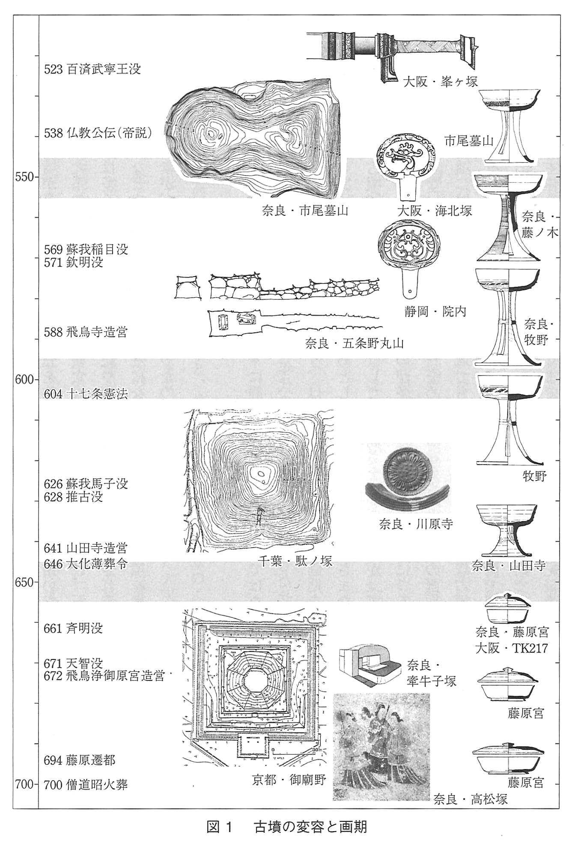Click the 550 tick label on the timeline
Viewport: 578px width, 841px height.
coord(25,177)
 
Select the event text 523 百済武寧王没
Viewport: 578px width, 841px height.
coord(92,69)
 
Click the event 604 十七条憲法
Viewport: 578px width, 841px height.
coord(86,394)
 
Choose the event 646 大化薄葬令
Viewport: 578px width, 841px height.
coord(86,564)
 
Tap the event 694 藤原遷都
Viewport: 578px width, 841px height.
coord(80,760)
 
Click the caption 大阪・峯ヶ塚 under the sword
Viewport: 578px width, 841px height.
coord(441,81)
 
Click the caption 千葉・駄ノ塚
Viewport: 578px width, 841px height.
coord(295,561)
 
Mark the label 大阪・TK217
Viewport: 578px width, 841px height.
coord(511,648)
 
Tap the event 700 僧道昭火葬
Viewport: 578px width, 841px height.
coord(86,784)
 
